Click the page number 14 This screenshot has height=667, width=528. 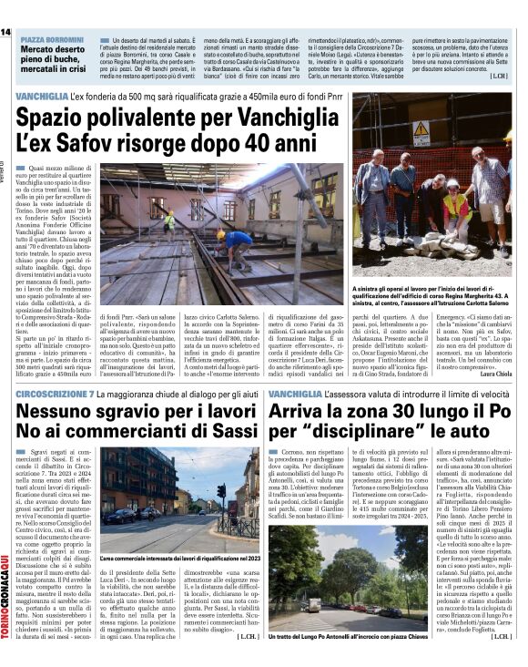[x=6, y=32]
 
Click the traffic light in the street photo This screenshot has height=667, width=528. [x=220, y=492]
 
